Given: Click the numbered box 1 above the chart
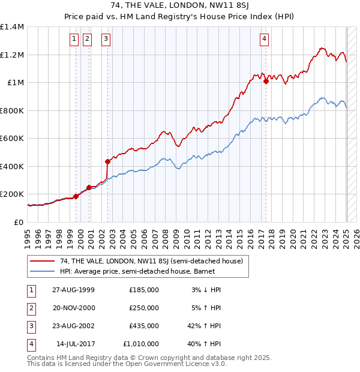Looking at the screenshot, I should (74, 40).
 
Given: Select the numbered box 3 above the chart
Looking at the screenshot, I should (106, 40).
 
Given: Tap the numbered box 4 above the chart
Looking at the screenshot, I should (264, 40).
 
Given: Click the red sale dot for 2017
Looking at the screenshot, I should (266, 82).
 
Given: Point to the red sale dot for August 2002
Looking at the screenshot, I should (108, 161).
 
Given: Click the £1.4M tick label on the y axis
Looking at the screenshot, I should (12, 27).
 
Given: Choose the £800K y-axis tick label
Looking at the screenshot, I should (11, 110).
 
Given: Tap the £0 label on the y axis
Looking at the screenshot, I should (19, 222).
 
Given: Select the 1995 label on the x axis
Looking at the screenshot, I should (28, 237).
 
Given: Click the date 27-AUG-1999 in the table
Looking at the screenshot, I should (73, 290).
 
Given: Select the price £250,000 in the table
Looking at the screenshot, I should (144, 308).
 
